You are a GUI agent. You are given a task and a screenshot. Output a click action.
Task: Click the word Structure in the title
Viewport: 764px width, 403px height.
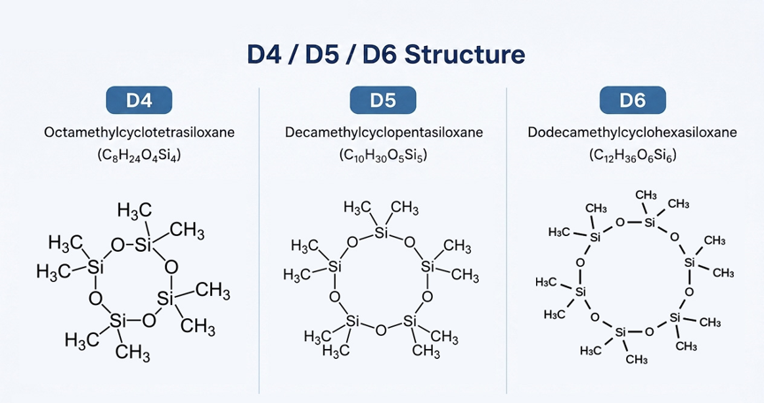[465, 54]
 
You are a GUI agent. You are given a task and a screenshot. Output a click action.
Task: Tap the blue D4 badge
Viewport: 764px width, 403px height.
[139, 100]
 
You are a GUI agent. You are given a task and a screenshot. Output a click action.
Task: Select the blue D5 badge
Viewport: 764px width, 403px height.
[383, 100]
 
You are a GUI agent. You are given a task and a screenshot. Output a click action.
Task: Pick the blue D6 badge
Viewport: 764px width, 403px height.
[632, 100]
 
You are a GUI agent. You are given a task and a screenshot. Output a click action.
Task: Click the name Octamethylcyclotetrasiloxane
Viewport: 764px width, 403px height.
[140, 132]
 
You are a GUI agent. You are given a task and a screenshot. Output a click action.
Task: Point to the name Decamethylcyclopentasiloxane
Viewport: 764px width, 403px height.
[384, 132]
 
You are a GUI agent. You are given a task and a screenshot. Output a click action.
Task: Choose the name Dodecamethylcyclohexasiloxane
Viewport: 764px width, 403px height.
[632, 132]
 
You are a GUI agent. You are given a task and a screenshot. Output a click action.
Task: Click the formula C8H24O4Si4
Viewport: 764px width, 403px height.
[140, 156]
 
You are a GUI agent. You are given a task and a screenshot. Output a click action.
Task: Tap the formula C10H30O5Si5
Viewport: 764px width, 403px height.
[383, 156]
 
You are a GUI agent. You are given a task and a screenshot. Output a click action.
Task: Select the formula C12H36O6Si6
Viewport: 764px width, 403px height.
[632, 156]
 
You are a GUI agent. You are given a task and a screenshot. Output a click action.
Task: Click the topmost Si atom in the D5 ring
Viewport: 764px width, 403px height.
[381, 233]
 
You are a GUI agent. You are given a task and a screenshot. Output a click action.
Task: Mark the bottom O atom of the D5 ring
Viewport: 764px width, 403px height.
[381, 331]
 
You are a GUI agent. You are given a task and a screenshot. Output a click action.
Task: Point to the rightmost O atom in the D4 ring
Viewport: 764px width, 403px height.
[171, 267]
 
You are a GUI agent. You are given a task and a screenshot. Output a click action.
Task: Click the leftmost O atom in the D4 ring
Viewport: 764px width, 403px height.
[95, 298]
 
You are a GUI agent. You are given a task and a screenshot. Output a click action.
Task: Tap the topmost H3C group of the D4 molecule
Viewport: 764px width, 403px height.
[134, 211]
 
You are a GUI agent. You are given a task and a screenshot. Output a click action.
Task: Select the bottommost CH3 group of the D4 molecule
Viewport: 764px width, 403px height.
[132, 352]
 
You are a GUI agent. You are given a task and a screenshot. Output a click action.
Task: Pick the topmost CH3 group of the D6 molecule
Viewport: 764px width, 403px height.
[646, 195]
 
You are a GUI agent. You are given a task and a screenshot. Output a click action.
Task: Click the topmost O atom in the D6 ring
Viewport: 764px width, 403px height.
[620, 223]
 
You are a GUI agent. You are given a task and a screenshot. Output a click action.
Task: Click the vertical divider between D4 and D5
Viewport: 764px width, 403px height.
[259, 240]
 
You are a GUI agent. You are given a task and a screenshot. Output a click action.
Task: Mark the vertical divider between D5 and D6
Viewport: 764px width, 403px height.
[507, 240]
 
